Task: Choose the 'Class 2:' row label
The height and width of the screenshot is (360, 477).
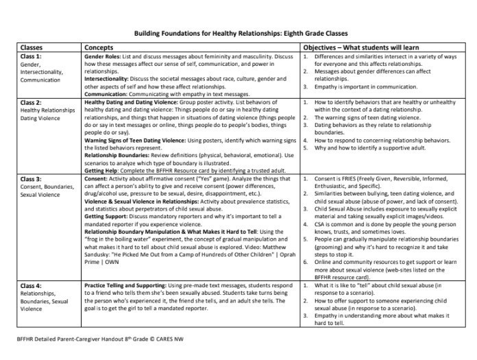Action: pos(32,101)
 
